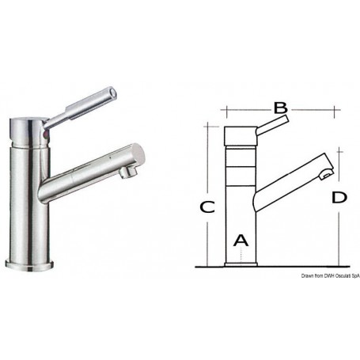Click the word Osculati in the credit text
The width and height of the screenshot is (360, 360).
coord(338,274)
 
